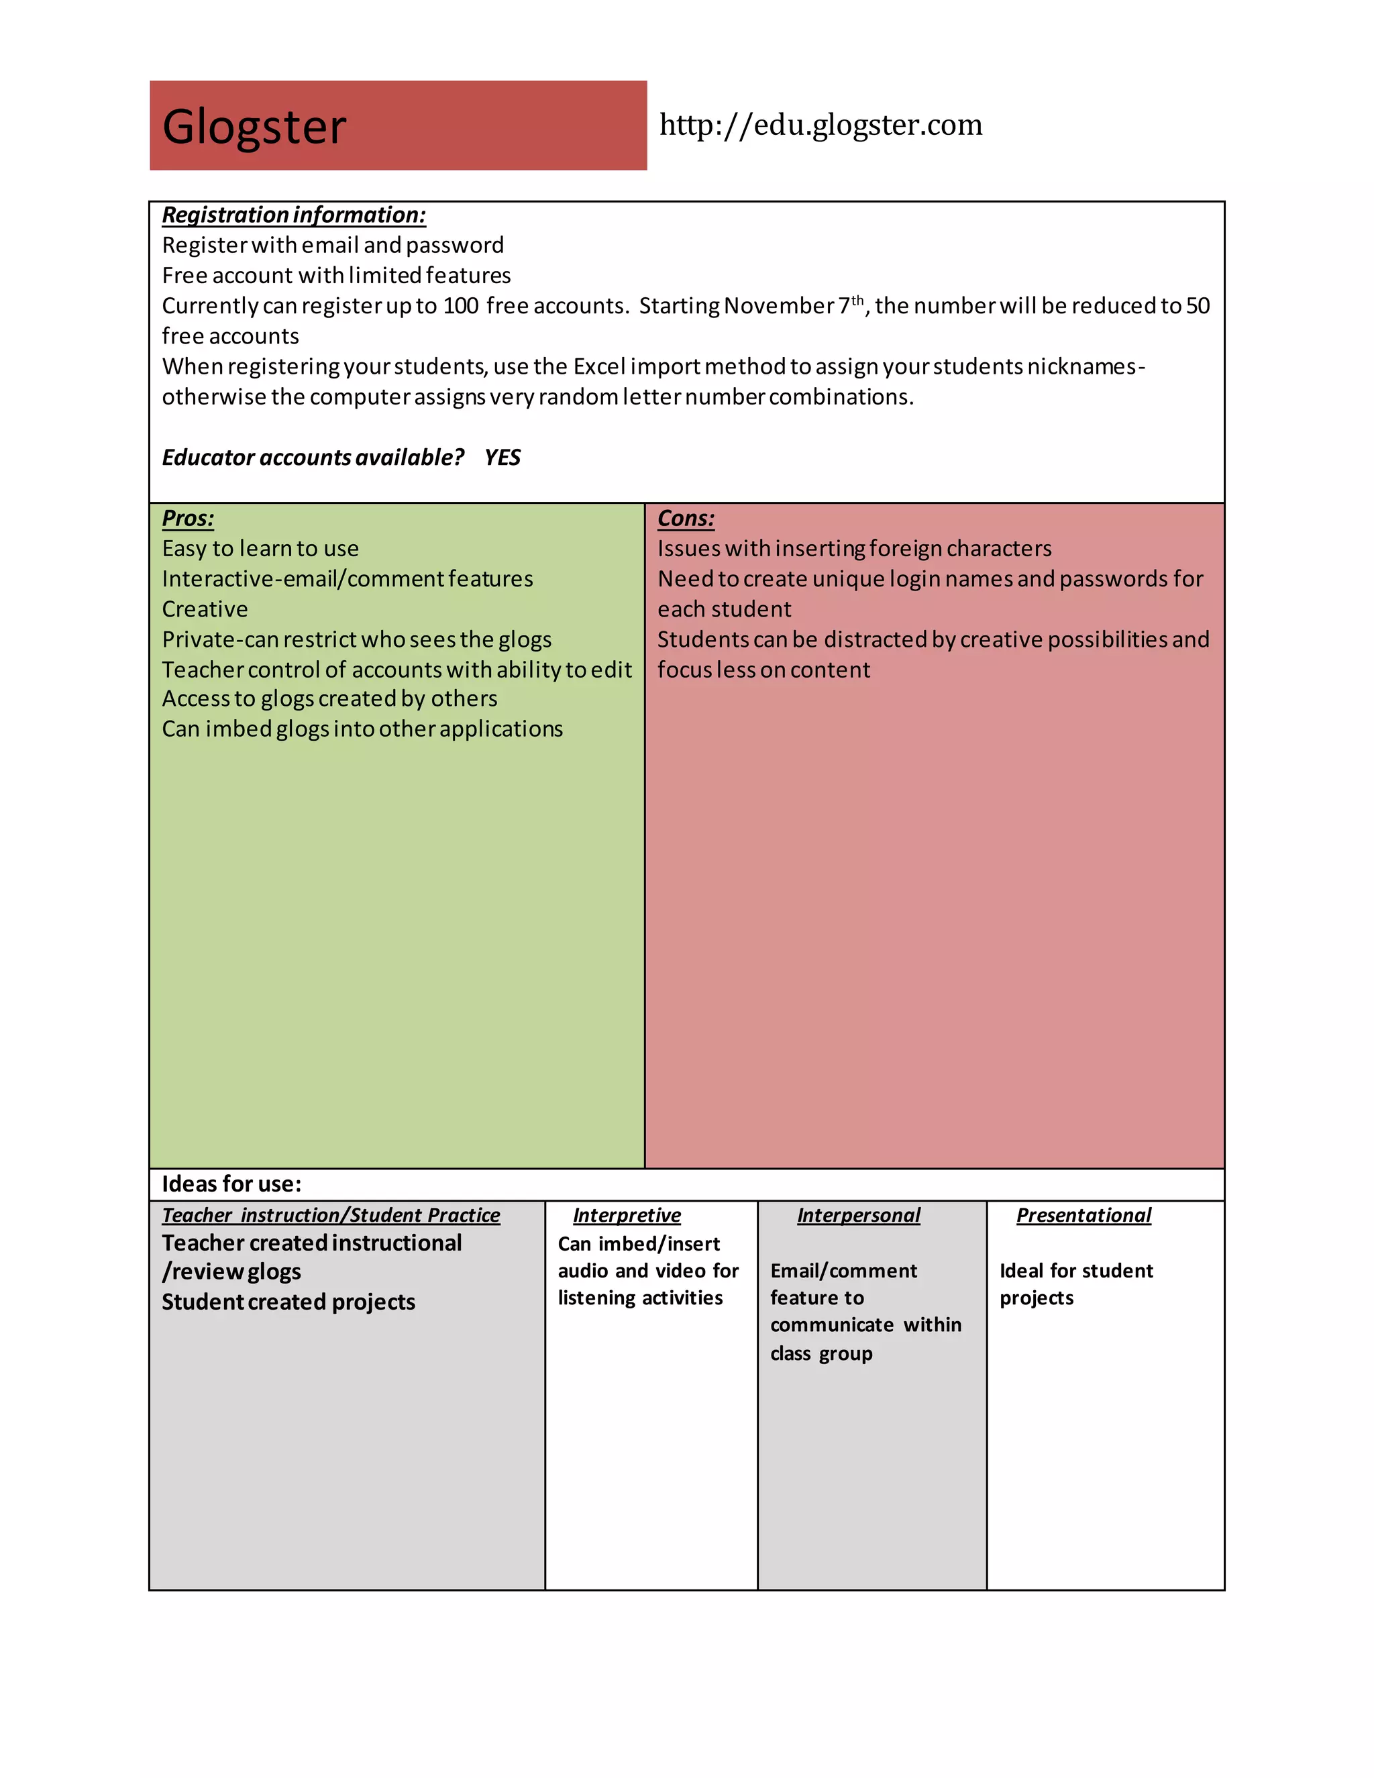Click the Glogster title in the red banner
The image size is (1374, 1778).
point(254,127)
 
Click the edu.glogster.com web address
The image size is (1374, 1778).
point(821,125)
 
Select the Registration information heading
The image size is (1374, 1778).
point(294,215)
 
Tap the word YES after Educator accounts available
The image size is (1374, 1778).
point(503,458)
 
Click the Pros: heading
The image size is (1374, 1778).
point(188,519)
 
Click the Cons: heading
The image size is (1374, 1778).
point(686,519)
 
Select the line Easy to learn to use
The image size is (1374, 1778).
point(260,549)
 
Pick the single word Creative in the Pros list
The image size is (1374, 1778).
point(205,610)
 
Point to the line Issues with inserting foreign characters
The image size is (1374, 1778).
point(854,549)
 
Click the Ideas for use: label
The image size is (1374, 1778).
point(231,1184)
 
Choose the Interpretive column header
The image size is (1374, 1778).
point(627,1216)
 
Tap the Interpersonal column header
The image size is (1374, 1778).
point(859,1216)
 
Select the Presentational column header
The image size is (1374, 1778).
point(1084,1216)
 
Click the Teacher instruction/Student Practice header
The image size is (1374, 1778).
point(331,1216)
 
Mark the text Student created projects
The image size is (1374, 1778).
point(288,1302)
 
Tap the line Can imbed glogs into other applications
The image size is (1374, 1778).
point(362,729)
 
